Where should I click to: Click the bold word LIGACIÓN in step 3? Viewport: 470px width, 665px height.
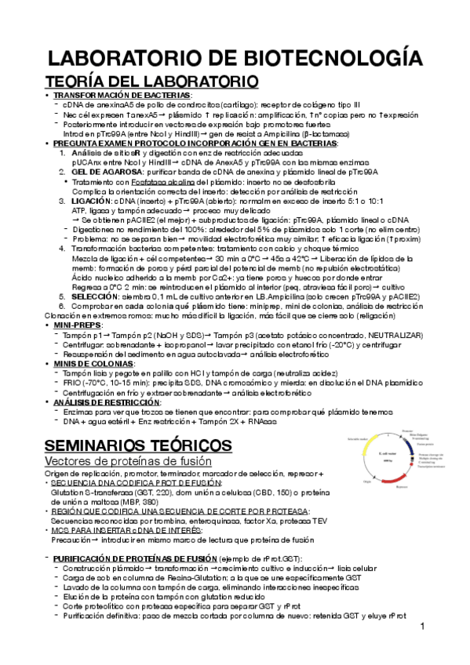click(x=91, y=202)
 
